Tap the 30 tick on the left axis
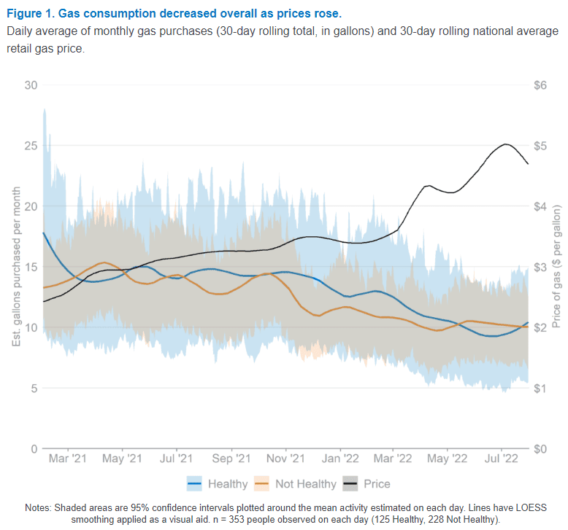tap(30, 85)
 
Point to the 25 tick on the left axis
tap(30, 145)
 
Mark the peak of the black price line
tap(505, 144)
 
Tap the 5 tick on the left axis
tap(34, 388)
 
